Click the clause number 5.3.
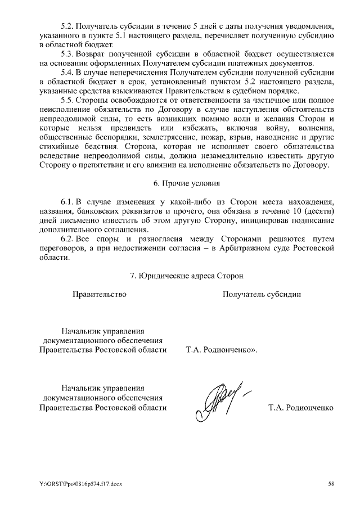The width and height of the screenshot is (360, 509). pos(69,54)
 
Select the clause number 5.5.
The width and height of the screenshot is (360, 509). pos(69,101)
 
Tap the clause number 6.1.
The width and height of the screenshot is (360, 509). pos(69,201)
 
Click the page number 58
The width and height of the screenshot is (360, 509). pos(332,484)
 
